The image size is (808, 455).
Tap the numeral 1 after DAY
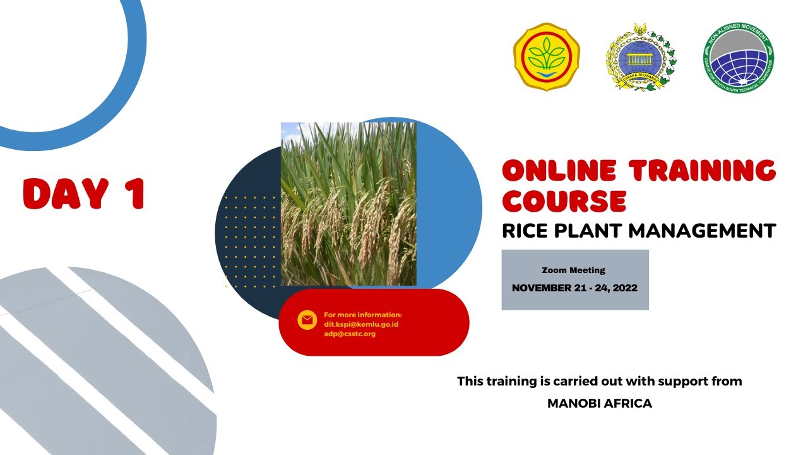point(134,193)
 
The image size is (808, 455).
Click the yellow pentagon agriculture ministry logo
point(547,57)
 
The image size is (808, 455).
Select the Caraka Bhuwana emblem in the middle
point(641,58)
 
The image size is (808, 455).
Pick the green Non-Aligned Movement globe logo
point(739,58)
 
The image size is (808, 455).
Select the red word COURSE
point(564,200)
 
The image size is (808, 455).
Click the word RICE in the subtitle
point(525,231)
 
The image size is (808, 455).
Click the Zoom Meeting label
point(573,270)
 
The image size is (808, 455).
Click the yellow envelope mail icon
point(307,320)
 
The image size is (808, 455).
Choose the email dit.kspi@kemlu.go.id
point(361,324)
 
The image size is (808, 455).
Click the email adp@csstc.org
point(349,334)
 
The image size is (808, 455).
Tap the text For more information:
point(362,315)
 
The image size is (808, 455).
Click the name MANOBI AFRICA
point(599,403)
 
